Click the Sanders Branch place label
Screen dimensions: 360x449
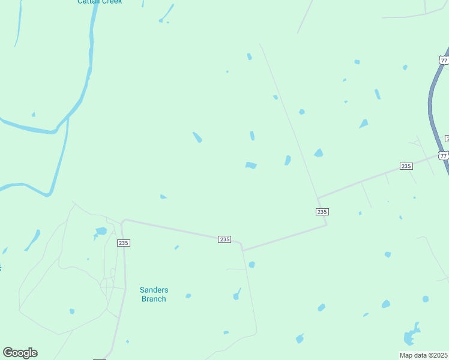coord(153,294)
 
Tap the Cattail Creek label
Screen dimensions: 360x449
coord(100,2)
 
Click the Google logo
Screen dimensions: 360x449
coord(20,353)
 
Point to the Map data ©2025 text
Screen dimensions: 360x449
coord(424,355)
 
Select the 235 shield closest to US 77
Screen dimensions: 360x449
coord(406,166)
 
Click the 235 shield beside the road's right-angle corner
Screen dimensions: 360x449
coord(322,212)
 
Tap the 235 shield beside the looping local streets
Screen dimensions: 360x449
coord(124,242)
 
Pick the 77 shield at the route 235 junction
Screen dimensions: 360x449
coord(443,155)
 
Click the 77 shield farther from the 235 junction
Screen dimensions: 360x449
coord(443,60)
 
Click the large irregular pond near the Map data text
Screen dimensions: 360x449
coord(411,334)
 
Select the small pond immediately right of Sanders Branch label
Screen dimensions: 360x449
coord(188,296)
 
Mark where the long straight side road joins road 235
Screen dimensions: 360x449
coord(318,197)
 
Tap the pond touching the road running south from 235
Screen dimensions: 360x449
coord(252,265)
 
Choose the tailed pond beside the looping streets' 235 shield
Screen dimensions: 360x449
coord(100,232)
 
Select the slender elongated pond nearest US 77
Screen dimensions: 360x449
coord(377,94)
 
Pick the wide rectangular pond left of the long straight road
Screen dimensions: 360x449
coord(251,165)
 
